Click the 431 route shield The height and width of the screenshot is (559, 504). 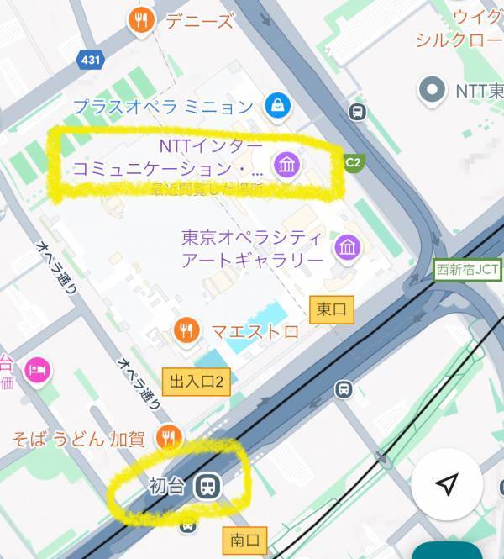click(x=89, y=60)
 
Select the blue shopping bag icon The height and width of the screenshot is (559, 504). click(x=276, y=105)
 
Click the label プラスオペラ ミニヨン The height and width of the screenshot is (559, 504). click(x=163, y=107)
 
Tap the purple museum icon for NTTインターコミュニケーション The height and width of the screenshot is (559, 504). click(x=286, y=164)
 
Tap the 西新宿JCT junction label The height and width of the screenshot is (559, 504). click(x=468, y=270)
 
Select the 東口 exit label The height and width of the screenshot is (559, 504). click(x=331, y=310)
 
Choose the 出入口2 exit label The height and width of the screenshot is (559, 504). click(x=196, y=381)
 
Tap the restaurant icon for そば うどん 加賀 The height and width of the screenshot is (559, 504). click(x=170, y=436)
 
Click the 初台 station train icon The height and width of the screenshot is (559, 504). click(x=206, y=485)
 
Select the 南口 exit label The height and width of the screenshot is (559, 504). click(x=244, y=539)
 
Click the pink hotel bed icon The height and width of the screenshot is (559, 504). click(x=38, y=370)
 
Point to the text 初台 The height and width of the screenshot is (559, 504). click(x=165, y=486)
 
